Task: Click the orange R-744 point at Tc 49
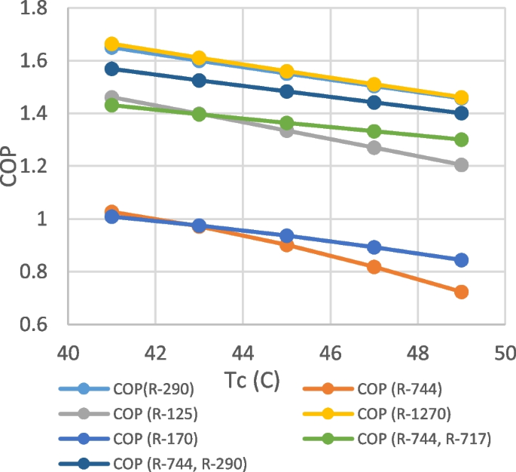pos(461,292)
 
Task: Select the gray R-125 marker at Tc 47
pos(374,147)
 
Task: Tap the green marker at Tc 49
pos(461,139)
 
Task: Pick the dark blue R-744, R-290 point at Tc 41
pos(112,69)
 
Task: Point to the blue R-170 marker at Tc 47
pos(374,247)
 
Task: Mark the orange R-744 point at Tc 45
pos(286,244)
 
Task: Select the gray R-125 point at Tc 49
pos(461,164)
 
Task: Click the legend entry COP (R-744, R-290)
pos(179,464)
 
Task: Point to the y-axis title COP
pos(14,166)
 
